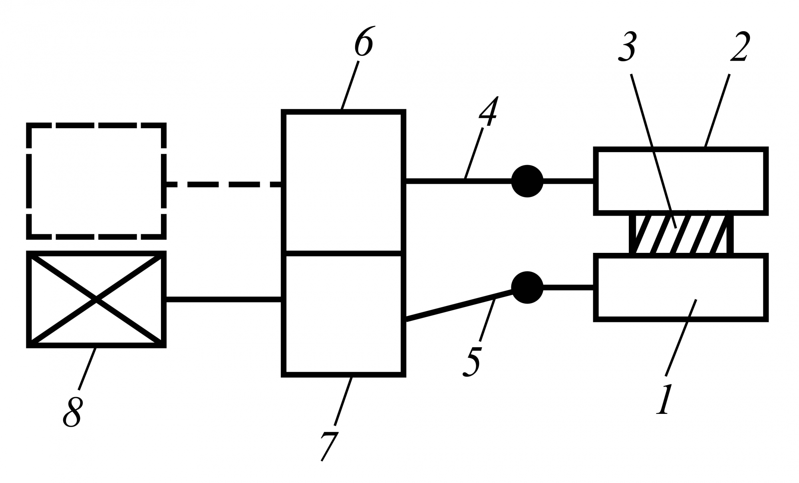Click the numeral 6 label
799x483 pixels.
(364, 42)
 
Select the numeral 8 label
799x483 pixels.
(72, 412)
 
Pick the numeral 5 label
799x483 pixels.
(472, 362)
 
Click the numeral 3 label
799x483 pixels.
(627, 47)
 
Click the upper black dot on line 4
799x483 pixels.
(527, 181)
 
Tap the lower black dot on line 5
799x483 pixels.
(527, 288)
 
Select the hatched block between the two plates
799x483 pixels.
(681, 234)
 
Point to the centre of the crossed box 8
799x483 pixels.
(96, 299)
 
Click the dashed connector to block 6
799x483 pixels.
(224, 184)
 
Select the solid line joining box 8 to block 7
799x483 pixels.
(224, 299)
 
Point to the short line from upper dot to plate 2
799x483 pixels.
(568, 181)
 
